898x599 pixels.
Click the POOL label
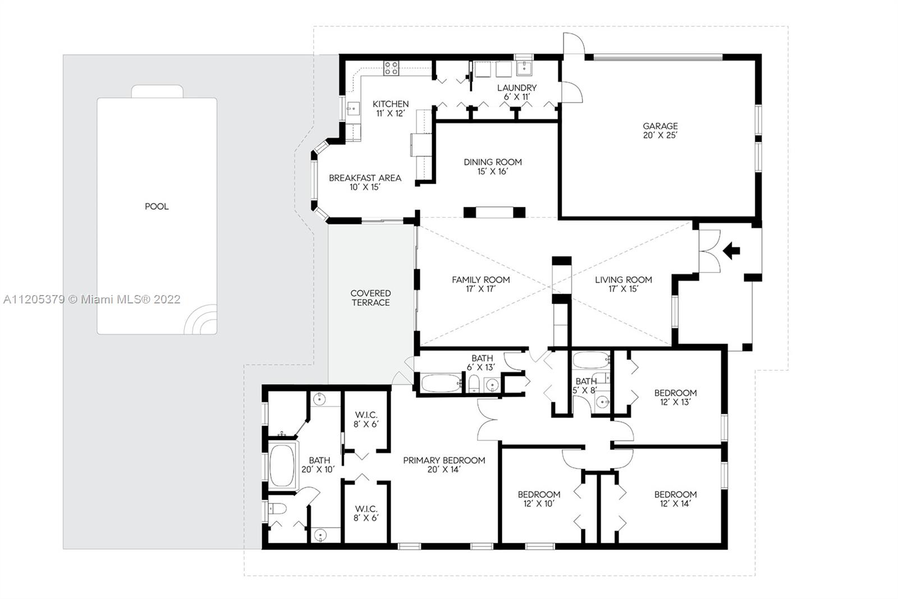(x=157, y=206)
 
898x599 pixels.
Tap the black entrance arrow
(x=731, y=251)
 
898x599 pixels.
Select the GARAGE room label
(x=660, y=126)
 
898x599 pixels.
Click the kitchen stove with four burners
(x=391, y=68)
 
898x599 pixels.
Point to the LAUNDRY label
(x=517, y=88)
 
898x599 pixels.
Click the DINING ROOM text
(x=493, y=162)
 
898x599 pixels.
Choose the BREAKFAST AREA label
(x=365, y=178)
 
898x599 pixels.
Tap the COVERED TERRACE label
(x=370, y=298)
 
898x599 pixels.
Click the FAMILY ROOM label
(x=480, y=280)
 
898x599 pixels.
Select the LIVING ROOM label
(x=624, y=280)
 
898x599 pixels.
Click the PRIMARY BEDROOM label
(x=444, y=461)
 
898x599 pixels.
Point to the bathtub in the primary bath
(x=282, y=465)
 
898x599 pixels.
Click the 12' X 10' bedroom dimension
(x=539, y=504)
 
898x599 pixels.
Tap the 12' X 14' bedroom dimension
(x=676, y=504)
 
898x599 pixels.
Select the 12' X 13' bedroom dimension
(x=676, y=402)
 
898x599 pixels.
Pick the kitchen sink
(x=353, y=108)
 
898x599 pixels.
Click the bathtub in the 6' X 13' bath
(x=441, y=383)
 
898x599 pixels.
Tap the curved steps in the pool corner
(x=200, y=320)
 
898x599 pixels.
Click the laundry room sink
(x=524, y=68)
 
